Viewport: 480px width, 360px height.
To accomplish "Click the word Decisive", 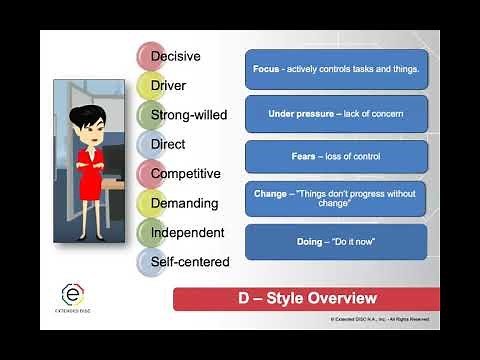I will coord(176,56).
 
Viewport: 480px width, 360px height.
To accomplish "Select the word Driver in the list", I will coord(169,86).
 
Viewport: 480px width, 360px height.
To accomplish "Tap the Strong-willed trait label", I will coord(189,115).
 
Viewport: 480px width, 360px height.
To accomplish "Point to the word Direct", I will coord(168,144).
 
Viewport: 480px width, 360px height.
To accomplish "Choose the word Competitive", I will coord(185,174).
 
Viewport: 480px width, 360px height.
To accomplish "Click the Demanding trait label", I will coord(184,203).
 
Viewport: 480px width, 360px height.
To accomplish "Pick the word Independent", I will coord(187,232).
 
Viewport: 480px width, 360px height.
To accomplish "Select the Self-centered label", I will coord(189,262).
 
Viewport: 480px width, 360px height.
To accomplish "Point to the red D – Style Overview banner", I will coord(306,298).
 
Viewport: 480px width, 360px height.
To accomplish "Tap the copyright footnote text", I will coord(380,320).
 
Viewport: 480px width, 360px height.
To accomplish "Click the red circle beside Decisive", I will coord(151,56).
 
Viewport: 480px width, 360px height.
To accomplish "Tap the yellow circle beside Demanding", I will coord(151,203).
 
